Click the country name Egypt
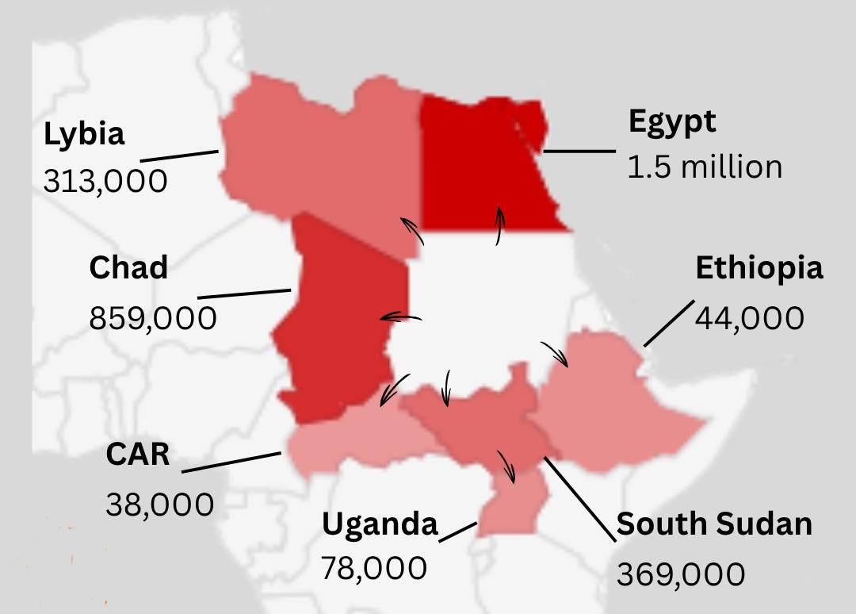[672, 122]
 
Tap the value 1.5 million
[705, 167]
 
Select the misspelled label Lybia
[84, 134]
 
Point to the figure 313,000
[105, 181]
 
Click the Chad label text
[128, 268]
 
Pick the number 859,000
[152, 318]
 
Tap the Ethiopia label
[759, 269]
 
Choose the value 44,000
[749, 318]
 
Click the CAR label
[138, 455]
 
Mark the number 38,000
[159, 505]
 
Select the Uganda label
[380, 524]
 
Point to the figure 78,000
[374, 568]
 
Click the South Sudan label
[714, 524]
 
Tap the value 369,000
[681, 574]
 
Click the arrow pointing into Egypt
[499, 226]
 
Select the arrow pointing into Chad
[400, 318]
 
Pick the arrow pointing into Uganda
[506, 466]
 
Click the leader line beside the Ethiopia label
[667, 324]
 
